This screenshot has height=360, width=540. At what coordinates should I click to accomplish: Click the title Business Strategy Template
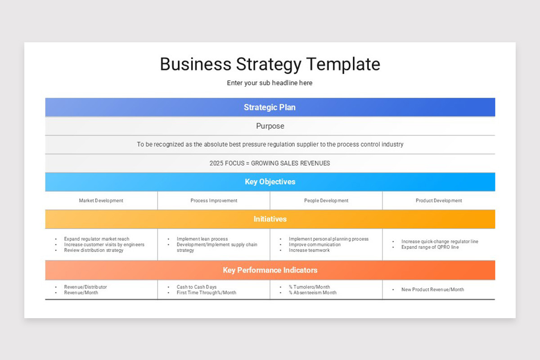coord(270,64)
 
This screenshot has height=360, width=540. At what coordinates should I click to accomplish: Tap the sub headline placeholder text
coord(270,83)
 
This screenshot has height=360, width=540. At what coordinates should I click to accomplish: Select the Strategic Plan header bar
coord(270,107)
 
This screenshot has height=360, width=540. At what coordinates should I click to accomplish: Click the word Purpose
coord(270,126)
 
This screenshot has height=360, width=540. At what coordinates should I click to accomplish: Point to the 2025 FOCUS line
coord(270,163)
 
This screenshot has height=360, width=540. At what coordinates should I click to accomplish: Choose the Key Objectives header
coord(270,182)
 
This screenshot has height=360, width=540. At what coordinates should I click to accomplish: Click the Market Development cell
coord(101,201)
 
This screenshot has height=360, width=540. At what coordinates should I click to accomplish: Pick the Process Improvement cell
coord(214,201)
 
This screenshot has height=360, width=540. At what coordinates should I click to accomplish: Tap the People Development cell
coord(326,201)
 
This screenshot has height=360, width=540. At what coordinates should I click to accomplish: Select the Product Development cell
coord(439,201)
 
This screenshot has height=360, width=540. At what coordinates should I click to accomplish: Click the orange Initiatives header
coord(270,219)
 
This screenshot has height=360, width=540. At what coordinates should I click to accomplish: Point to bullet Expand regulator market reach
coord(97,239)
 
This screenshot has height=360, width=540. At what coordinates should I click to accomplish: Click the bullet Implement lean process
coord(202,239)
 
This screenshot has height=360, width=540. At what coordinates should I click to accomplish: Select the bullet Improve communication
coord(315,245)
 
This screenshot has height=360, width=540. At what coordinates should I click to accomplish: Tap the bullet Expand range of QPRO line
coord(430,247)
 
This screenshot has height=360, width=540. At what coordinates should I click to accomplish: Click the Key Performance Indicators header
coord(270,270)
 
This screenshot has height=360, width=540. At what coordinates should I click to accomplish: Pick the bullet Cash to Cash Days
coord(197,287)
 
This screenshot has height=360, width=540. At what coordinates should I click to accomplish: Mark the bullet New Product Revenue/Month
coord(432,289)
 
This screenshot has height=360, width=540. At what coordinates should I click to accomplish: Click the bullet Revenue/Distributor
coord(85,287)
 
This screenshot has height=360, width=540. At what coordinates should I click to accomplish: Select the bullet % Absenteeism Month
coord(313,292)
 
